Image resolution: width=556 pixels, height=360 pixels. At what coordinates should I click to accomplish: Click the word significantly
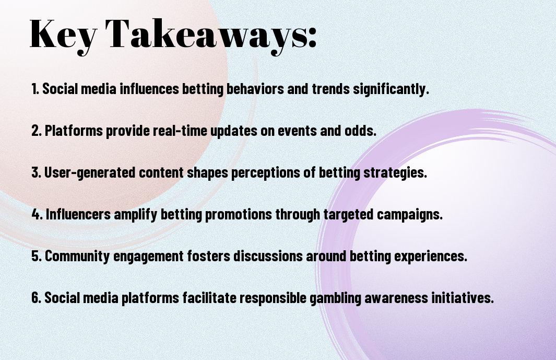click(391, 89)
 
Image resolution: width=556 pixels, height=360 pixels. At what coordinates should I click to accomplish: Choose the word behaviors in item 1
click(255, 89)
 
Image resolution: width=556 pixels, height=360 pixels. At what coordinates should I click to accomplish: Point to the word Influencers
click(78, 214)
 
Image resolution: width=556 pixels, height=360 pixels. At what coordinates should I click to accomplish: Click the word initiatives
click(463, 298)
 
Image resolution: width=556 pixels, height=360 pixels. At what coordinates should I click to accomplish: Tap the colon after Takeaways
click(312, 39)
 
